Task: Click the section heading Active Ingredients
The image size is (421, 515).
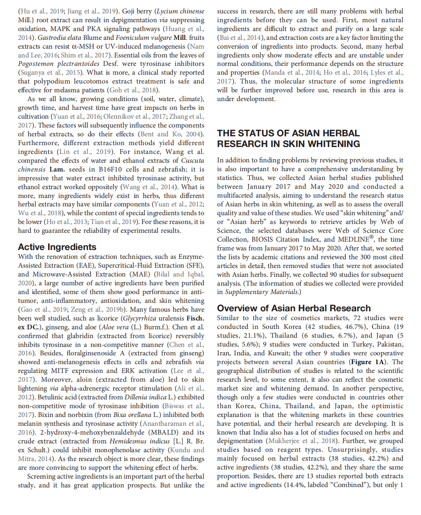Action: tap(57, 247)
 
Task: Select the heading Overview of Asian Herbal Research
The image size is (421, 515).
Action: tap(294, 308)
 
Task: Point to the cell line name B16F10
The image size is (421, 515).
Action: tap(110, 169)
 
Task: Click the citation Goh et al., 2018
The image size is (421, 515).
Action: tap(134, 90)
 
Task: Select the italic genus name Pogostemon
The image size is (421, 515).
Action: tap(36, 64)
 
